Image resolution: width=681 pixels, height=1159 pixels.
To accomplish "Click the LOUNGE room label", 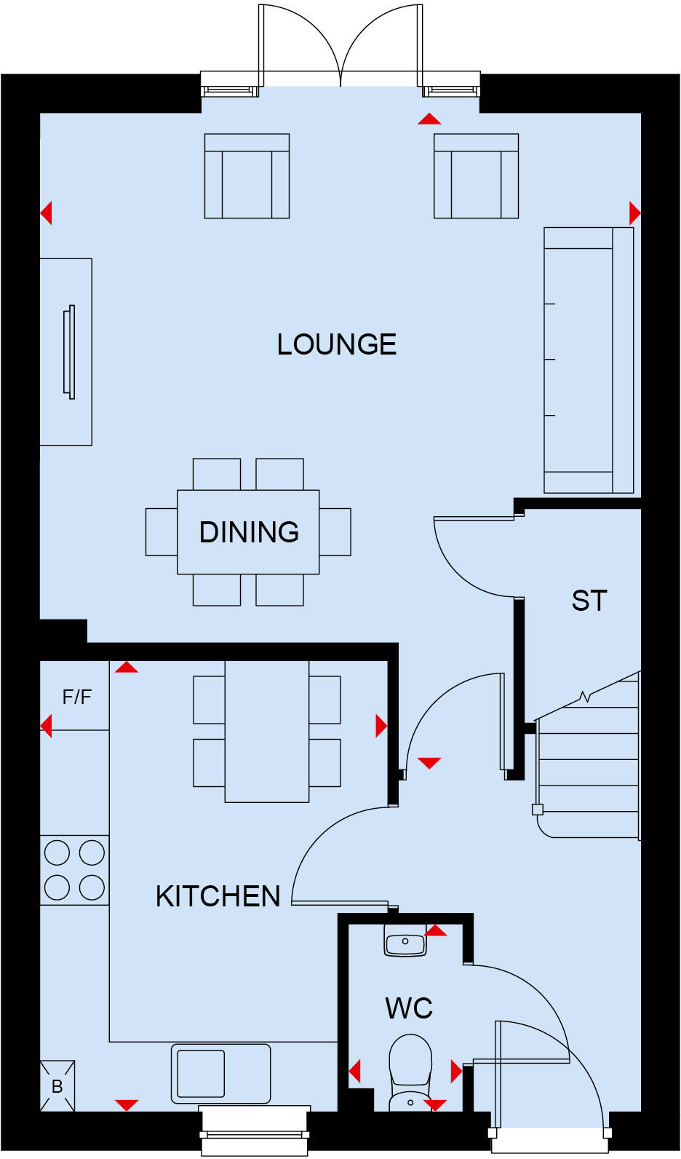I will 337,344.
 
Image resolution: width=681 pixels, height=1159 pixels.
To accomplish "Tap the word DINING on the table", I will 249,532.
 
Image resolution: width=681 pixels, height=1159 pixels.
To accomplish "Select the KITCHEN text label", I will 218,896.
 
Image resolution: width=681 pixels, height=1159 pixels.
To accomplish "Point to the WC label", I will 409,1008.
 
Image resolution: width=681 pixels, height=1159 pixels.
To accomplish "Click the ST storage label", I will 589,601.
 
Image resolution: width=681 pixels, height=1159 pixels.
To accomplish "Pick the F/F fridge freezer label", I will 76,697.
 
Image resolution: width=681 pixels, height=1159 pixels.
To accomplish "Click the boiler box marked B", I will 57,1086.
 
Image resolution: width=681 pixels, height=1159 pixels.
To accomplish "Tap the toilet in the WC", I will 410,1070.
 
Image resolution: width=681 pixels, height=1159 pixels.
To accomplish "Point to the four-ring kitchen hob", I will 74,870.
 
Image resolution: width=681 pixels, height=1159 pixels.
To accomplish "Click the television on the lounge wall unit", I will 70,352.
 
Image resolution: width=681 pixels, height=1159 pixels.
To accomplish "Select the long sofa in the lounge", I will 588,360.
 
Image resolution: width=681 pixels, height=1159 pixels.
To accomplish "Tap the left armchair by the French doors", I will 247,176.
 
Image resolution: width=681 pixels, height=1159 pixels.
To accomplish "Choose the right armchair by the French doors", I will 476,176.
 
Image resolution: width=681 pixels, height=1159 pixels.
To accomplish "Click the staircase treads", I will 588,772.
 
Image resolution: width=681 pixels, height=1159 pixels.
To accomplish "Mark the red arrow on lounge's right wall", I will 634,213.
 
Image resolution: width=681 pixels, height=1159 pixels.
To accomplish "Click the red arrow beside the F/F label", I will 47,726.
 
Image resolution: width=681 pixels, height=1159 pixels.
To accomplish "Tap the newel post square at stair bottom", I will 538,810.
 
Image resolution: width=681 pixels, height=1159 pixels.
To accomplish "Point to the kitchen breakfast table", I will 267,732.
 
